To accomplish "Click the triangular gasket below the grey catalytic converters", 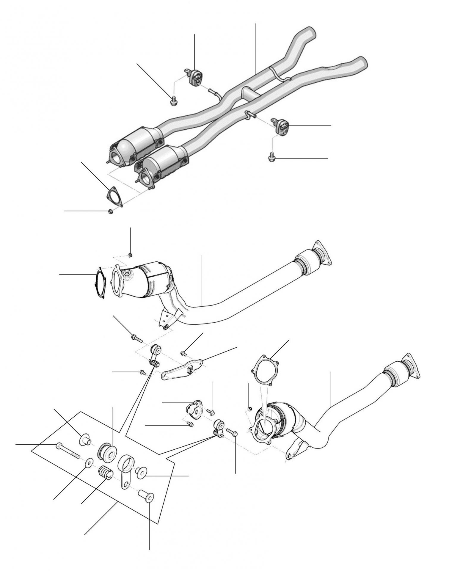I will click(x=114, y=197).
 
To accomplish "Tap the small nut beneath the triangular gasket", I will click(x=111, y=211).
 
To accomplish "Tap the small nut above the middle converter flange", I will click(x=130, y=255).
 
